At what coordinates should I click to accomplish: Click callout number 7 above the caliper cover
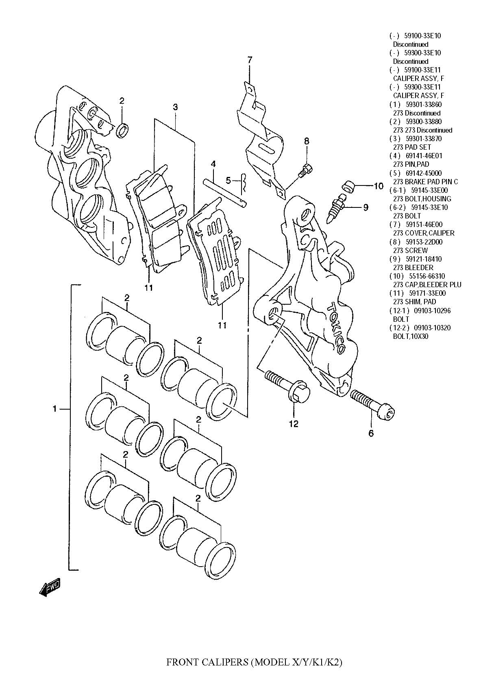[x=250, y=60]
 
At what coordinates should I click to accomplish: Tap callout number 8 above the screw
[x=307, y=141]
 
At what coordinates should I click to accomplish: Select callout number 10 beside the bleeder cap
[x=379, y=186]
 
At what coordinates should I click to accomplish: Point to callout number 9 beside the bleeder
[x=366, y=207]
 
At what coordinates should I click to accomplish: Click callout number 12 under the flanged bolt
[x=294, y=424]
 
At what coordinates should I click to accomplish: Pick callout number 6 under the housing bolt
[x=371, y=434]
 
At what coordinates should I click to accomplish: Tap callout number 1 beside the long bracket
[x=54, y=409]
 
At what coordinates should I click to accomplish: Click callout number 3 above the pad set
[x=175, y=107]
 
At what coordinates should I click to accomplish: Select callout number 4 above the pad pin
[x=213, y=164]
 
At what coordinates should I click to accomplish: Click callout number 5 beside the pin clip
[x=229, y=179]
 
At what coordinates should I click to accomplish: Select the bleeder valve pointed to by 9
[x=337, y=208]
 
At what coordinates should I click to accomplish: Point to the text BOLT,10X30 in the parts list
[x=411, y=336]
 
